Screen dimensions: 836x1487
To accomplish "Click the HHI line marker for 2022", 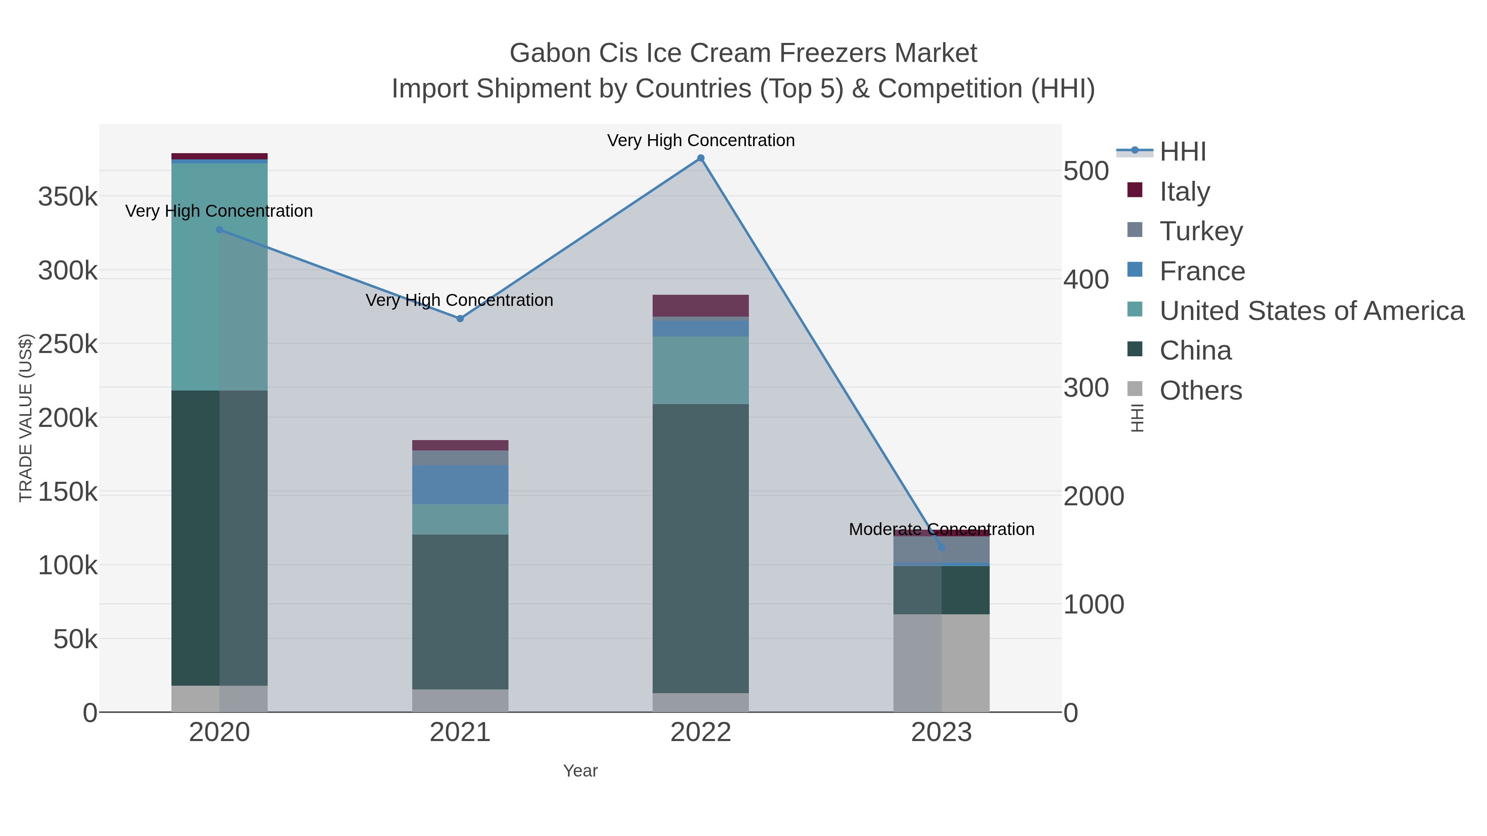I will point(700,158).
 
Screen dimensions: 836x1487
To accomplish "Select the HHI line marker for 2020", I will point(219,230).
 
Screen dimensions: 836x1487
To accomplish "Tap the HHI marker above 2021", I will point(460,318).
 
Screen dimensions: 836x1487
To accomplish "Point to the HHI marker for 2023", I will point(941,547).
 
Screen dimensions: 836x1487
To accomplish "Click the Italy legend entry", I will point(1185,191).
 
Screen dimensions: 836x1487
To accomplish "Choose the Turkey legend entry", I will point(1201,231).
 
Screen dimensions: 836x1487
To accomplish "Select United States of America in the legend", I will point(1311,310).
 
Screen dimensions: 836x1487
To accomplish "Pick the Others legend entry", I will point(1200,390).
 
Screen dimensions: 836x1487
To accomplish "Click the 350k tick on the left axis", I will point(68,197).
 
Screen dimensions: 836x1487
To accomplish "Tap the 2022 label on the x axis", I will point(700,732).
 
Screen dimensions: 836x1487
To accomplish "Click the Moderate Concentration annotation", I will point(941,529).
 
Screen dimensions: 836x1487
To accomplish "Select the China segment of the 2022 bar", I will point(700,548).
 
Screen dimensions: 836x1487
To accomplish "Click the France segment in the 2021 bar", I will point(460,485).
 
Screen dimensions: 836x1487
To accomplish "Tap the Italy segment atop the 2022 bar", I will point(700,305).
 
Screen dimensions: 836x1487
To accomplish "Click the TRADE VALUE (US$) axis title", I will point(26,418).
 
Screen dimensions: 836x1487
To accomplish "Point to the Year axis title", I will point(580,771).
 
